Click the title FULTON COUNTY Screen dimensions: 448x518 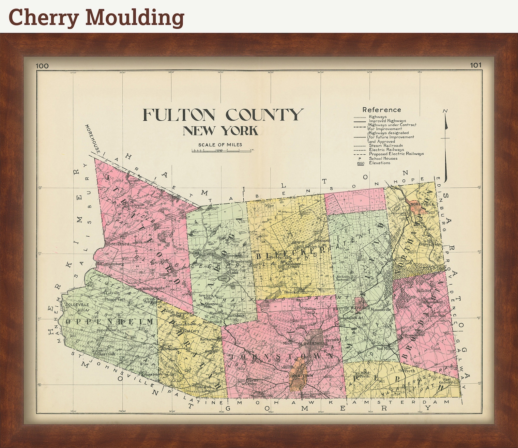[223, 115]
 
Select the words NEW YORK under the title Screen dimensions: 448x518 [221, 131]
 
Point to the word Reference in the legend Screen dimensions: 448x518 [381, 110]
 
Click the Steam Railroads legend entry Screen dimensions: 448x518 [386, 146]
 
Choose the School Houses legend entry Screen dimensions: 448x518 [383, 158]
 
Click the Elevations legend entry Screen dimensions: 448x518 [379, 162]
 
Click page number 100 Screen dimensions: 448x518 [42, 66]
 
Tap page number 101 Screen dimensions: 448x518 [476, 65]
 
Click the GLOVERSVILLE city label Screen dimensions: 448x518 [312, 343]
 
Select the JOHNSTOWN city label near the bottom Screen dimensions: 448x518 [299, 376]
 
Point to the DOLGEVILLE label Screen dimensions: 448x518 [77, 305]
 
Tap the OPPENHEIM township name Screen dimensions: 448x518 [109, 322]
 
